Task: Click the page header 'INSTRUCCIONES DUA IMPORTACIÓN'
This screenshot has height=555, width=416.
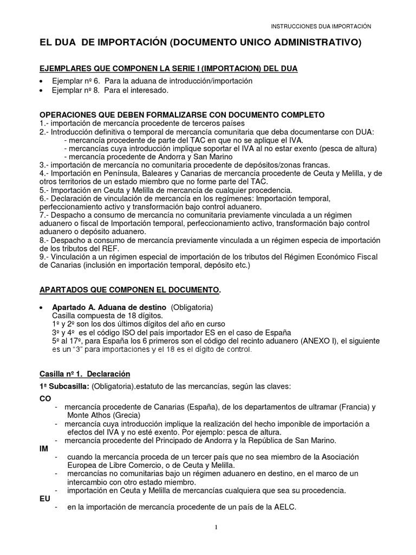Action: (x=321, y=25)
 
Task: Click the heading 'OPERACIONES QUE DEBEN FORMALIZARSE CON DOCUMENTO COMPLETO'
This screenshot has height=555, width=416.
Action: (x=183, y=115)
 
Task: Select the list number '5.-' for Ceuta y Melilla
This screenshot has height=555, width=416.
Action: (x=45, y=190)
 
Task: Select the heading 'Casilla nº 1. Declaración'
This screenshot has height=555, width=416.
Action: (x=85, y=374)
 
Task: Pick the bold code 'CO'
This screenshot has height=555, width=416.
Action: (x=46, y=397)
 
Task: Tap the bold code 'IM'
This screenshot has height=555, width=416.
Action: (x=44, y=449)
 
